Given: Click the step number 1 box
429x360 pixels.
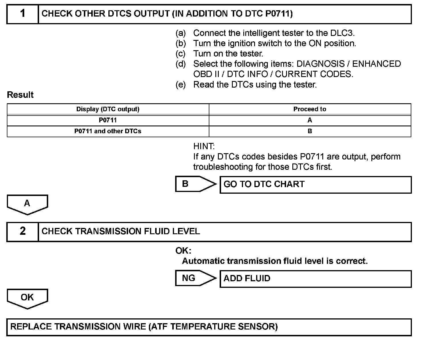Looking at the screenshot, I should [x=23, y=14].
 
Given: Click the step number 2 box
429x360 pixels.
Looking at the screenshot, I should [x=23, y=231].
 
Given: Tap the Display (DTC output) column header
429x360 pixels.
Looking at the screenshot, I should [x=108, y=109].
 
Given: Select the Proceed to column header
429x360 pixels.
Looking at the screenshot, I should [x=310, y=109].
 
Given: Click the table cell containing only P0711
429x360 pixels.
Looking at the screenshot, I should [x=108, y=120].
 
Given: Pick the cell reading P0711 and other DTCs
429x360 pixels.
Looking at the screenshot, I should [x=108, y=131].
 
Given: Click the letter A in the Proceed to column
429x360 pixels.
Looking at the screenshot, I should [x=310, y=120].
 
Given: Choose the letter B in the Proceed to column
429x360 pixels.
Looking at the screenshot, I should [x=310, y=131].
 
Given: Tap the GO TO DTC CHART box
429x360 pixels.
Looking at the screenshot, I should [x=315, y=185].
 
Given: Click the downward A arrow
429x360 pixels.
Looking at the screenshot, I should [x=27, y=205].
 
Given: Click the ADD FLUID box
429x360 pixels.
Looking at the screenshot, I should [x=315, y=279].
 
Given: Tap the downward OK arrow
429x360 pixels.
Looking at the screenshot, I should [x=27, y=298].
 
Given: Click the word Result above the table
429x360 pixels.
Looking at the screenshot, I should [x=20, y=95].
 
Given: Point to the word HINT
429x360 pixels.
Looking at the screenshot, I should [x=204, y=147].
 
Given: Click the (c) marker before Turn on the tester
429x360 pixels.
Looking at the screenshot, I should [x=180, y=54].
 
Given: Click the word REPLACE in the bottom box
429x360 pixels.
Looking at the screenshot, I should [x=31, y=327].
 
